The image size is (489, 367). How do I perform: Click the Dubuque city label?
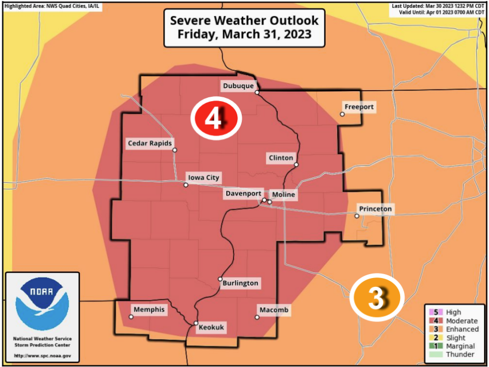click(238, 86)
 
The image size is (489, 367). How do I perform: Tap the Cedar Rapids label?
click(150, 143)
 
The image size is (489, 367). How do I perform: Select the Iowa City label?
click(204, 178)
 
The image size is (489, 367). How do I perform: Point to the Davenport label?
click(243, 194)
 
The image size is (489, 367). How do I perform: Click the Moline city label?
click(284, 195)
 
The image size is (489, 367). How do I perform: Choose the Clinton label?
click(281, 158)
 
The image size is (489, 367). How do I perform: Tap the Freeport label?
click(359, 107)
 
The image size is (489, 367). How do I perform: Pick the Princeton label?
click(376, 209)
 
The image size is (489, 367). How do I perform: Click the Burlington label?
click(240, 283)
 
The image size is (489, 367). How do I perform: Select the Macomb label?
click(274, 310)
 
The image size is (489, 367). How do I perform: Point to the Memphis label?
click(149, 310)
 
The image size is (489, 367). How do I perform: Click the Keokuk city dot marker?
click(196, 323)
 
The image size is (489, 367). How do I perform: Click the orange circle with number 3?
click(377, 298)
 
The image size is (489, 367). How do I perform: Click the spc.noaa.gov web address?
click(42, 356)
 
